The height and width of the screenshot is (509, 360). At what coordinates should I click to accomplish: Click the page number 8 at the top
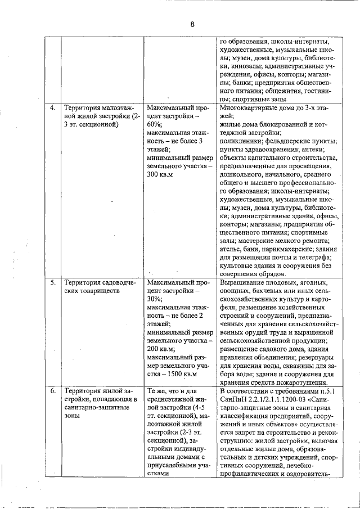click(x=192, y=24)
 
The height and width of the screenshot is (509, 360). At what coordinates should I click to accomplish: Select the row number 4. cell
click(x=53, y=107)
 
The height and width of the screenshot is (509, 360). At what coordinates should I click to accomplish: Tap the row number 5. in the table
click(x=53, y=282)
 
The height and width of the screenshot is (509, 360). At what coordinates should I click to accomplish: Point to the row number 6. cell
click(x=53, y=391)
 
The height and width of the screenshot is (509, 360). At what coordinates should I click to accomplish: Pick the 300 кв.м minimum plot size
click(x=159, y=175)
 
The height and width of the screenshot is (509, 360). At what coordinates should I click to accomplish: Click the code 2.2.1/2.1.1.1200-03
click(x=276, y=399)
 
